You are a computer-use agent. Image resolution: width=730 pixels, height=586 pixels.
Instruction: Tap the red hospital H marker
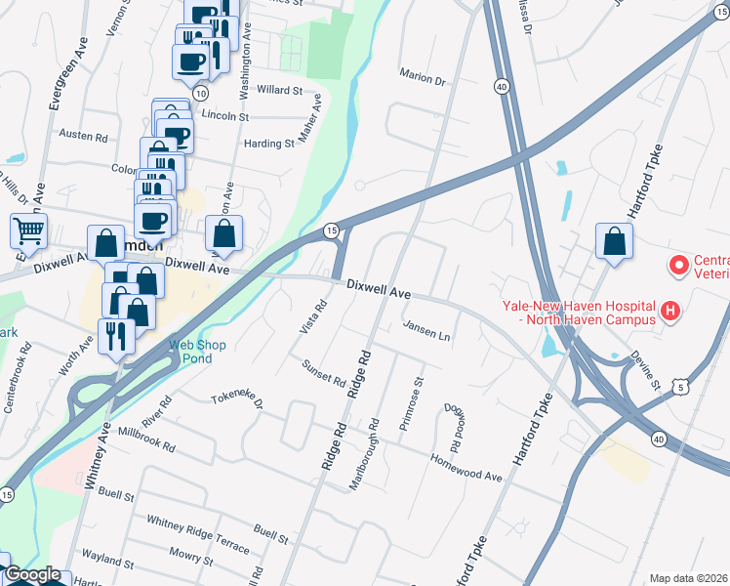(x=669, y=312)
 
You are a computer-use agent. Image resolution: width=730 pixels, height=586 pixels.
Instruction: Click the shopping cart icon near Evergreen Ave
(x=29, y=231)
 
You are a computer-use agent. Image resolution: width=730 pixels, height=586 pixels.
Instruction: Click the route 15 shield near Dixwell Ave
(x=331, y=230)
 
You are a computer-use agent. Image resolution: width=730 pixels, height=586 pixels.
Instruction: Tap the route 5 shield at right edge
(x=686, y=387)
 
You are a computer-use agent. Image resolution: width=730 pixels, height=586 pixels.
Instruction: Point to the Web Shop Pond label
(x=197, y=351)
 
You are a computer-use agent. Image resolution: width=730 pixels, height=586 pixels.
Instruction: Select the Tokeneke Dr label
(x=238, y=400)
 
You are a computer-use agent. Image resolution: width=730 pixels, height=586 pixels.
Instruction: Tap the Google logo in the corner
(x=31, y=575)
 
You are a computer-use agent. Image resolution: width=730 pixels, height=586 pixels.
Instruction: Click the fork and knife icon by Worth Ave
(x=116, y=336)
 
